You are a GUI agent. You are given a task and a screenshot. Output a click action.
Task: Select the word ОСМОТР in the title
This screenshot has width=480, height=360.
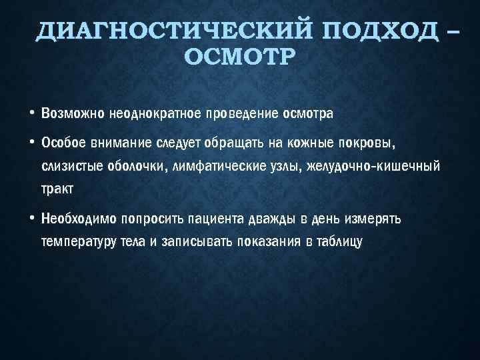point(238,58)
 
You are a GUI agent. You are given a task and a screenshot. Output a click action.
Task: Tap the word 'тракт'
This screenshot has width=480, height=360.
point(57,188)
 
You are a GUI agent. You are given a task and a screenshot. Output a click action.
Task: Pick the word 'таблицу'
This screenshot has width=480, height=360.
point(338,241)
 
